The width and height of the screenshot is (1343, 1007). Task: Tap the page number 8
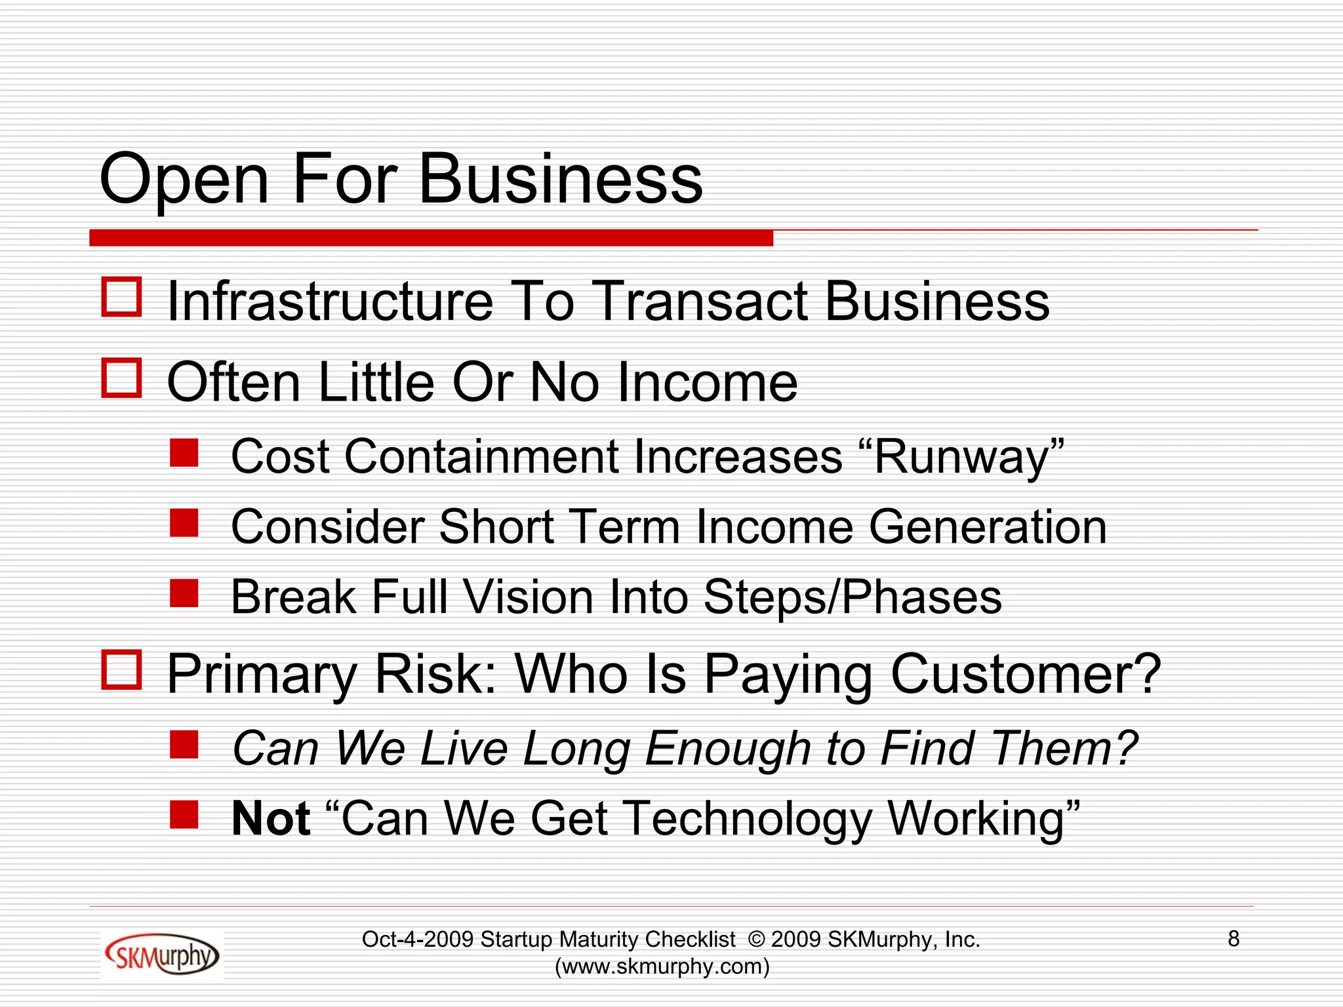click(x=1233, y=939)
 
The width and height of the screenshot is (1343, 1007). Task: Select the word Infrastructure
click(x=330, y=302)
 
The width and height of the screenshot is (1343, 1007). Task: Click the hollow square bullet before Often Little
click(x=122, y=378)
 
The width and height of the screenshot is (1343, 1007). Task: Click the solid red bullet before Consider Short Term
click(x=184, y=523)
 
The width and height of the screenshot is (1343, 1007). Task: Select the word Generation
click(x=988, y=527)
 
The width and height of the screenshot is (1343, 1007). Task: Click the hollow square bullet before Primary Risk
click(x=122, y=670)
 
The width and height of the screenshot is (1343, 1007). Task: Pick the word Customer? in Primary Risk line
click(x=1026, y=674)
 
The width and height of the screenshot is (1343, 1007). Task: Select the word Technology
click(x=748, y=819)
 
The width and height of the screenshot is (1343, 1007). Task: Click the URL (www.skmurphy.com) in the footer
click(x=662, y=966)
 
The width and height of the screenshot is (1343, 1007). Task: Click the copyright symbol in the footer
click(x=756, y=939)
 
